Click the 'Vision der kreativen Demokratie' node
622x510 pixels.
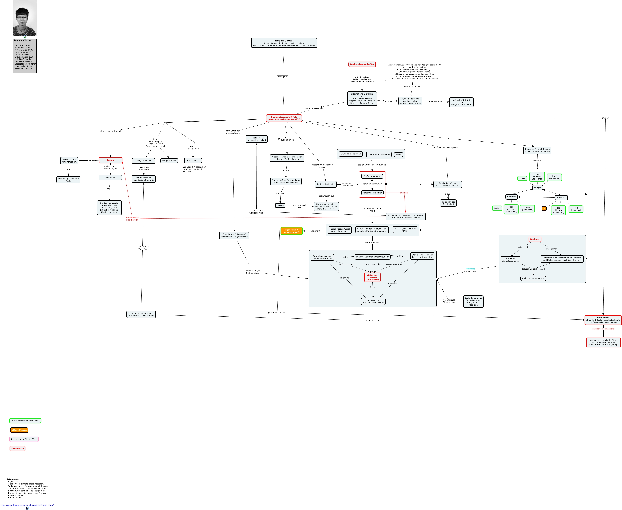[372, 277]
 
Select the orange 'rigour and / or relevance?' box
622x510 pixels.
[291, 231]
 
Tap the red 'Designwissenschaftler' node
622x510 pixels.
[362, 64]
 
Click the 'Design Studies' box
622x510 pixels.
[169, 161]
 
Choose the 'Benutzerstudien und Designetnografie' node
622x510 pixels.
[144, 179]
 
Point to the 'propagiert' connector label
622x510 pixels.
[283, 77]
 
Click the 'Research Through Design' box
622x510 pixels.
[537, 150]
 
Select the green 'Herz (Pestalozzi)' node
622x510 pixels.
[576, 209]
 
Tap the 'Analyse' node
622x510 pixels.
[538, 187]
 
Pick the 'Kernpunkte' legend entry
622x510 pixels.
[18, 448]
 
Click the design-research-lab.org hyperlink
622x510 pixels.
[27, 505]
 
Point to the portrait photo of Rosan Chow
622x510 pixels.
[25, 18]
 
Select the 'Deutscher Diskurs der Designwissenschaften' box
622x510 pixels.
[461, 102]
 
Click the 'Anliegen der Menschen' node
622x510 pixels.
[533, 278]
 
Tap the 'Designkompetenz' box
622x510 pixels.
[473, 301]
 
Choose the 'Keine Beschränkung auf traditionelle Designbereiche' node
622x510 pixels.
[234, 236]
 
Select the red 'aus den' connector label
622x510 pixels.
[404, 193]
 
